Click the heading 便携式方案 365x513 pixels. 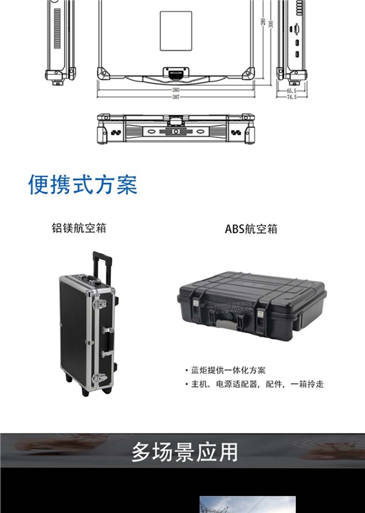click(82, 185)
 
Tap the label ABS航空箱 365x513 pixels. click(251, 229)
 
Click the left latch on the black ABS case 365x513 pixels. click(197, 315)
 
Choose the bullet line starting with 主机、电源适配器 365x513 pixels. click(255, 384)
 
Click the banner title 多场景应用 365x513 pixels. click(184, 451)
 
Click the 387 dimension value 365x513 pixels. click(176, 97)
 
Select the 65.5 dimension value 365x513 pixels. click(291, 91)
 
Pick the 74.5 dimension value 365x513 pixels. click(291, 97)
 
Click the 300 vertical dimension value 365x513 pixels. click(270, 24)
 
